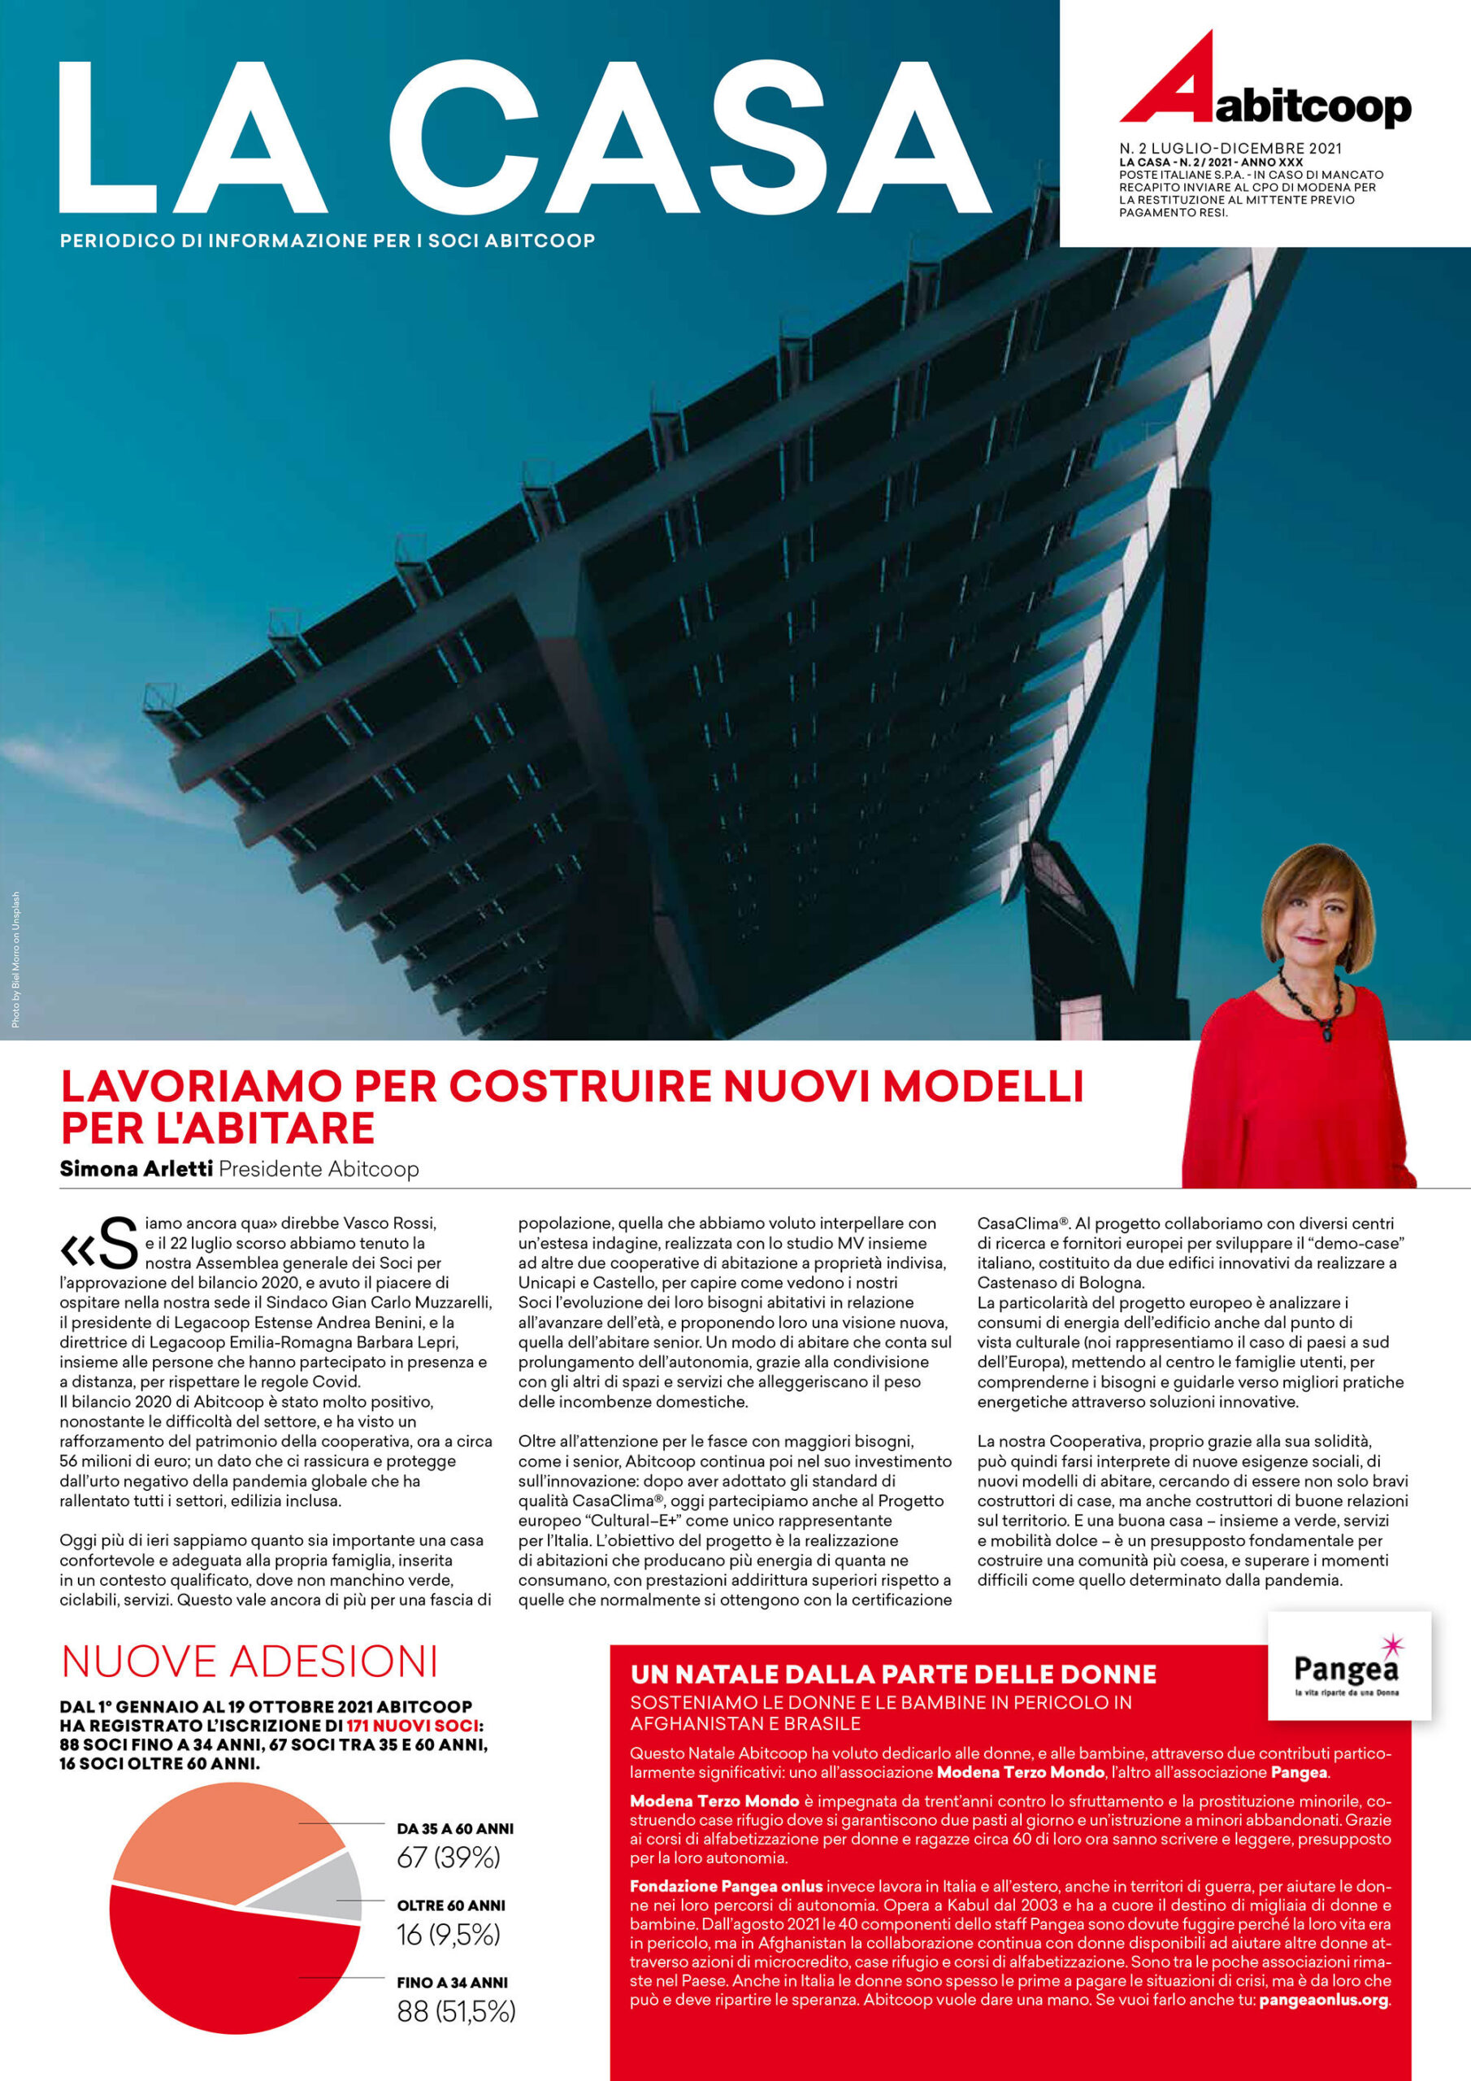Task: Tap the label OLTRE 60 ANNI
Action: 450,1906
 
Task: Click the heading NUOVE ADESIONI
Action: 250,1662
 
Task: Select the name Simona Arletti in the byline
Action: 136,1168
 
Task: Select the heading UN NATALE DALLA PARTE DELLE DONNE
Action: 892,1674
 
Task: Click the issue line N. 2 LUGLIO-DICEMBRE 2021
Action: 1230,148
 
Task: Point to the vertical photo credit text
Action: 15,960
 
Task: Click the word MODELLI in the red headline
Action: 983,1086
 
